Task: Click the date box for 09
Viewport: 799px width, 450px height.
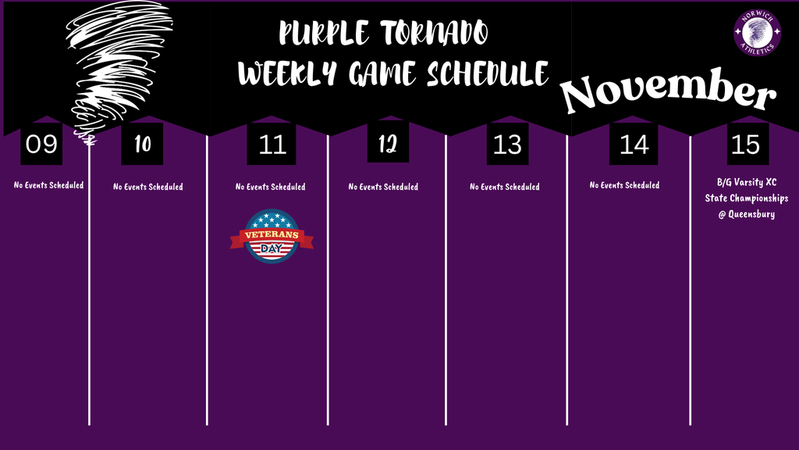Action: pos(41,144)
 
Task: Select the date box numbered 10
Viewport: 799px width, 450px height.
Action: pos(142,144)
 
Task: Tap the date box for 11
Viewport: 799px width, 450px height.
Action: pos(272,144)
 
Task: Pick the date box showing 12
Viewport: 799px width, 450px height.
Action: pos(388,143)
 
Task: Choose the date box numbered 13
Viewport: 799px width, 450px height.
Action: pos(508,144)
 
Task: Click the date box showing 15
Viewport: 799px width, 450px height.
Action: pos(748,144)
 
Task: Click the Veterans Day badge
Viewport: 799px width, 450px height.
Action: pos(272,236)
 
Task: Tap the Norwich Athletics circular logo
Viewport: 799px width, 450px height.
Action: pos(757,33)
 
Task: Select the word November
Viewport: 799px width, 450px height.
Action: pos(669,92)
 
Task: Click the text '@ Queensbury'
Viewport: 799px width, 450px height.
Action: pos(747,214)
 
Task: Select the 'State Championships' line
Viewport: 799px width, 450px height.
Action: pos(747,198)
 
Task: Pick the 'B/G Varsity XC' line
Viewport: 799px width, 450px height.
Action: pos(747,183)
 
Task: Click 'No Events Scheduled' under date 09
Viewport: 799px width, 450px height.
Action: pos(48,185)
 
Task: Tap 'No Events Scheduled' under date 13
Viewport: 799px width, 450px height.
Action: pos(504,187)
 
